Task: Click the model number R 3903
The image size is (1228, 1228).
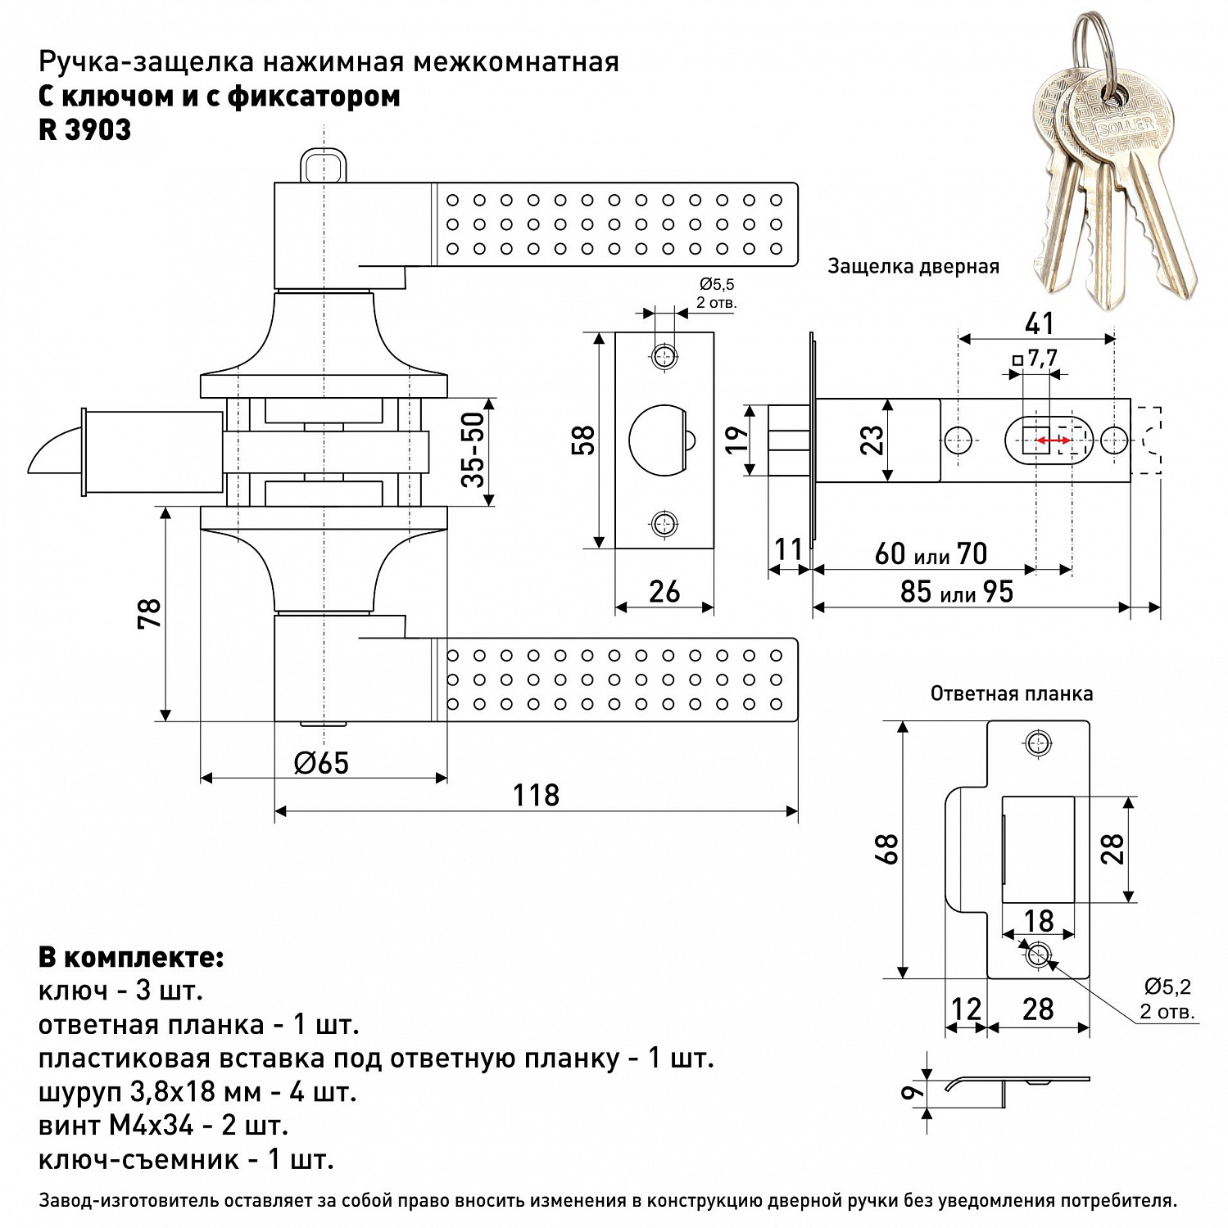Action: click(x=84, y=130)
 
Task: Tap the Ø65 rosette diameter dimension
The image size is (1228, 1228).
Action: click(x=321, y=763)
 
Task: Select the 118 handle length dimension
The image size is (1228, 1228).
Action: click(x=536, y=795)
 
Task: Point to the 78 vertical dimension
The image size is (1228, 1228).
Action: click(x=150, y=613)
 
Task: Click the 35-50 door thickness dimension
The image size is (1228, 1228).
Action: click(x=474, y=450)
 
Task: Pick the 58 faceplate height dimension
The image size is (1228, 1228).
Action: click(x=583, y=440)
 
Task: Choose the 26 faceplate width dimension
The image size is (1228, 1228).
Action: click(x=664, y=591)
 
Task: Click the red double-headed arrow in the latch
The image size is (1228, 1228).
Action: click(x=1052, y=441)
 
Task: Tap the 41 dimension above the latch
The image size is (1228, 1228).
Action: click(x=1039, y=323)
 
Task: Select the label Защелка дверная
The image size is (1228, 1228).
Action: click(x=913, y=266)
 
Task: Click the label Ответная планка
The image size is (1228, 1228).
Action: click(x=1011, y=693)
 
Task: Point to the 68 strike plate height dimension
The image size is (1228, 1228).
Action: click(x=888, y=849)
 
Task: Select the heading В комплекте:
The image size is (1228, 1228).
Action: click(x=131, y=957)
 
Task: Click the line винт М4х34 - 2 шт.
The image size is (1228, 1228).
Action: click(x=163, y=1125)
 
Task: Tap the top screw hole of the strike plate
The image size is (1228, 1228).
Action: click(x=1038, y=743)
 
